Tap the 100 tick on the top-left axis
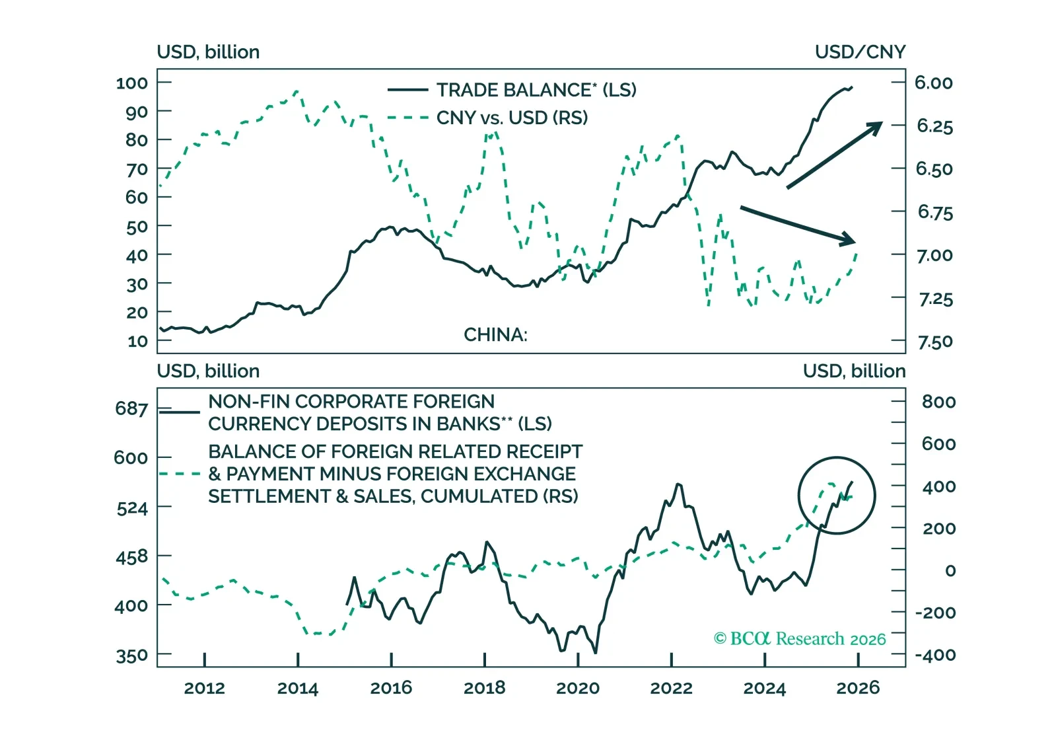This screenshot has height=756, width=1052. tap(132, 83)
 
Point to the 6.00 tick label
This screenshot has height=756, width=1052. tap(933, 83)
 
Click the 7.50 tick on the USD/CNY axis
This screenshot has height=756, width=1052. tap(935, 342)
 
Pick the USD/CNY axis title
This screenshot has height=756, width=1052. tap(860, 52)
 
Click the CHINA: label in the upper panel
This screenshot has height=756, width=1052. tap(495, 335)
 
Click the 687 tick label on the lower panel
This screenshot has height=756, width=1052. tap(131, 408)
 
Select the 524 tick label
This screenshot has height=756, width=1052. tap(132, 508)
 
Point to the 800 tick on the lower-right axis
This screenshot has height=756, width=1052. tap(938, 402)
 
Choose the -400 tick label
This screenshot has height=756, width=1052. tap(935, 655)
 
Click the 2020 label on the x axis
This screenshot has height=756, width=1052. tap(578, 688)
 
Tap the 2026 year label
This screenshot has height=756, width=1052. tap(858, 688)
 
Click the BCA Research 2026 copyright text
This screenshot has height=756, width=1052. tap(800, 638)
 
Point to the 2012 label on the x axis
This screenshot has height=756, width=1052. tap(204, 688)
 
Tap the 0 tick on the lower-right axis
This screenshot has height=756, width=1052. tap(950, 570)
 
